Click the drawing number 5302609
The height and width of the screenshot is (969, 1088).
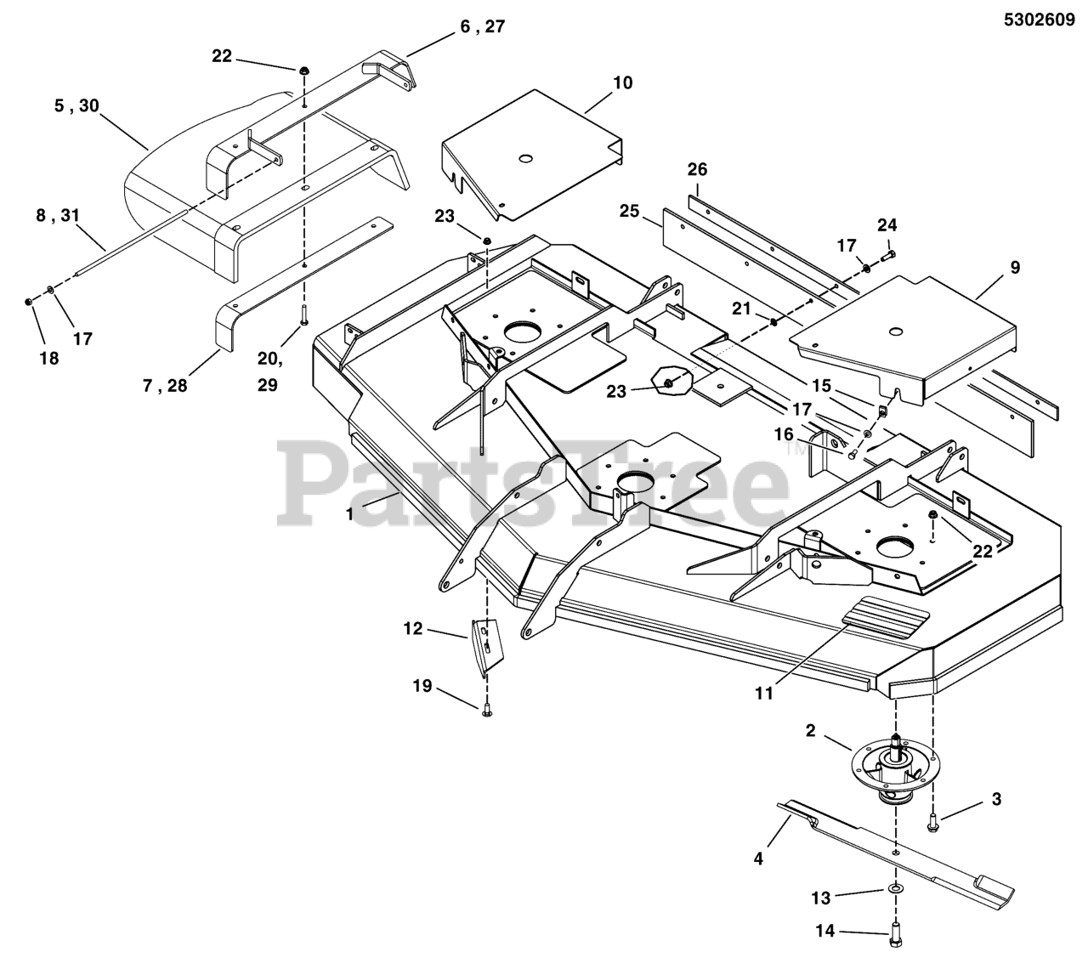(1039, 22)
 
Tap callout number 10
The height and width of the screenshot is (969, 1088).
(622, 82)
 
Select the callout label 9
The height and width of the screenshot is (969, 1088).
(1015, 268)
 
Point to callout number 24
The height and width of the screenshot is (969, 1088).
(887, 225)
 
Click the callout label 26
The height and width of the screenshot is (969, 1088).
(697, 169)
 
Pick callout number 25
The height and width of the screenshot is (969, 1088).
(629, 210)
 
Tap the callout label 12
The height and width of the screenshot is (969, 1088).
(413, 629)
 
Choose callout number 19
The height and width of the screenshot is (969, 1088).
(422, 685)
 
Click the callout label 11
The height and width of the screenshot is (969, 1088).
(764, 694)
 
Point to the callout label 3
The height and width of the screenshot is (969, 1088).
(997, 799)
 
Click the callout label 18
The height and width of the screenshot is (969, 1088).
(49, 358)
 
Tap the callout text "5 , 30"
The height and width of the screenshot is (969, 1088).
(76, 106)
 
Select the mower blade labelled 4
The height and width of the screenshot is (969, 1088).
(901, 850)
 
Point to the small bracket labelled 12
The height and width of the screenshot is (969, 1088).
(484, 644)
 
